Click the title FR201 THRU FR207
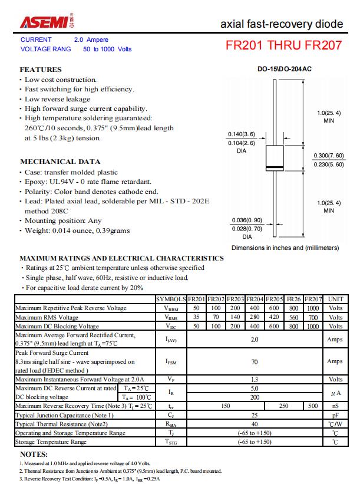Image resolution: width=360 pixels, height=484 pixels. click(x=283, y=45)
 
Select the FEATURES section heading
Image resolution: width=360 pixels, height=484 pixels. click(x=41, y=70)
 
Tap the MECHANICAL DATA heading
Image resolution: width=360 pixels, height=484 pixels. click(x=60, y=162)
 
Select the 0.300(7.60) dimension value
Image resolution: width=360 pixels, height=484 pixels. click(x=328, y=156)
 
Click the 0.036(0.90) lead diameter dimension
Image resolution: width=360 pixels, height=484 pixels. click(x=247, y=220)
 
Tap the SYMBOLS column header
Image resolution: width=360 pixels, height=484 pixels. click(x=171, y=299)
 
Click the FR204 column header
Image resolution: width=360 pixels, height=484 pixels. click(x=255, y=299)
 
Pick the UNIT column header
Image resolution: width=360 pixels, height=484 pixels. click(x=335, y=299)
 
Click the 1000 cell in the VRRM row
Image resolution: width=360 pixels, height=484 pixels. click(x=313, y=308)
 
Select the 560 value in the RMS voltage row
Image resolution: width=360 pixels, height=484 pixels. click(x=293, y=317)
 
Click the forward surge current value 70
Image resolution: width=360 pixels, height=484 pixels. click(x=255, y=361)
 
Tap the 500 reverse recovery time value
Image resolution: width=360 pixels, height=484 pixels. click(x=313, y=406)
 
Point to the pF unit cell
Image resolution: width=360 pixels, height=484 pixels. click(x=335, y=415)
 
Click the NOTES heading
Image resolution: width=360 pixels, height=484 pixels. click(x=34, y=455)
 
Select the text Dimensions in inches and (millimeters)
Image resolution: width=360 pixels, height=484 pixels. click(x=285, y=248)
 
